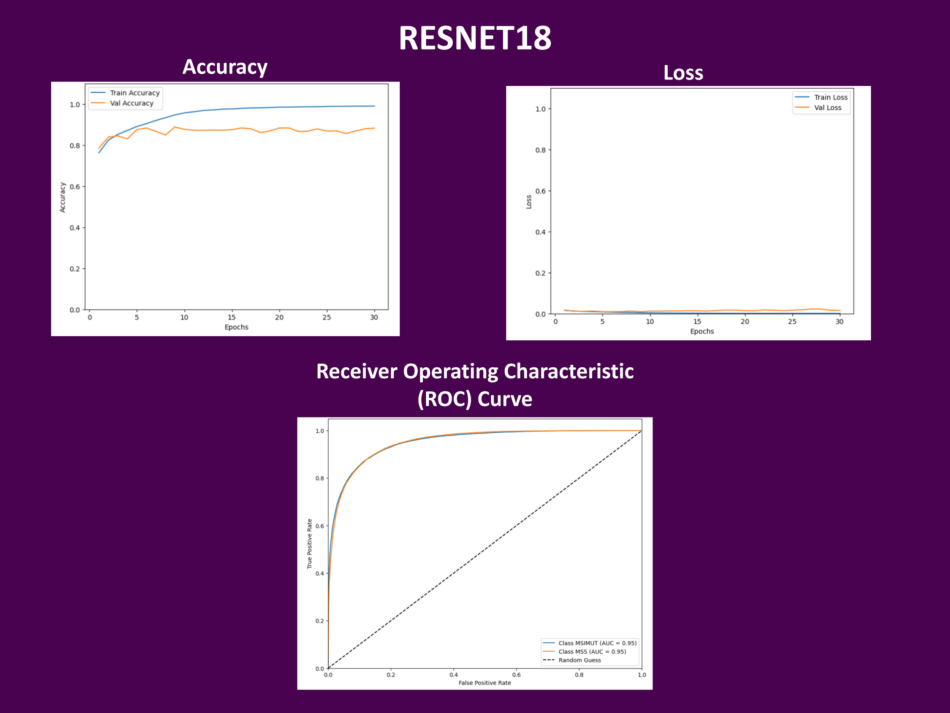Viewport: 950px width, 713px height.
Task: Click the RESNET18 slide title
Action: point(475,38)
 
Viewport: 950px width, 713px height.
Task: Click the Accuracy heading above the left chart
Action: point(225,67)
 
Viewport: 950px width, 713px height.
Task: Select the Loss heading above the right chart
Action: point(683,73)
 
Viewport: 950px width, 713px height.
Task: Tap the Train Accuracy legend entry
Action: point(125,93)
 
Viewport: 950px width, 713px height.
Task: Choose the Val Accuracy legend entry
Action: point(122,103)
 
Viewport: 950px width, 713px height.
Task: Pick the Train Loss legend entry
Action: point(821,97)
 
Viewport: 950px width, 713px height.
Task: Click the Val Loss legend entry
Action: point(818,108)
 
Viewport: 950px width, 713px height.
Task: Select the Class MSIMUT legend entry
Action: point(589,643)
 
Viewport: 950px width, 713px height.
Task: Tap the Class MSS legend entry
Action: point(584,651)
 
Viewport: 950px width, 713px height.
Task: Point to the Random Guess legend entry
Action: point(572,660)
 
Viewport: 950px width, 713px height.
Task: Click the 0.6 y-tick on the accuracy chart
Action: point(75,187)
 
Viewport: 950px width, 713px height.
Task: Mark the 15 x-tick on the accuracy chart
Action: point(231,317)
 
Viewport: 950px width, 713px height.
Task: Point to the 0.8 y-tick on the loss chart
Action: point(540,150)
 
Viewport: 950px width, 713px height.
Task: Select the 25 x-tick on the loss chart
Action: point(792,321)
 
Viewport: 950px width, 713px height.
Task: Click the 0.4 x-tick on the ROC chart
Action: point(453,675)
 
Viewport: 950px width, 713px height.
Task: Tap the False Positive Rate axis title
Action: point(485,683)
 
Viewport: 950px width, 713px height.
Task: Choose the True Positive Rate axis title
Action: point(309,544)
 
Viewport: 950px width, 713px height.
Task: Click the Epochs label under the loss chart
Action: point(702,331)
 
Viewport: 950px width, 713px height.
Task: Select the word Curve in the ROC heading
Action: point(505,399)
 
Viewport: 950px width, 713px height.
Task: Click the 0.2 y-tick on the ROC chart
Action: point(320,621)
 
